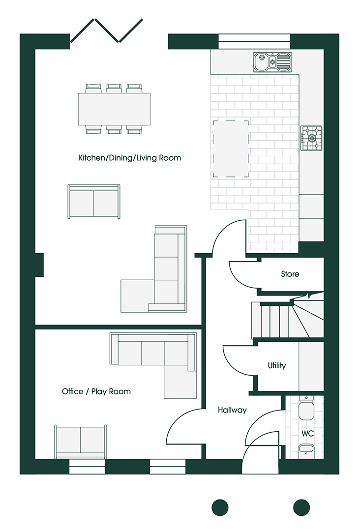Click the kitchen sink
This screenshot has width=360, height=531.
tap(272, 62)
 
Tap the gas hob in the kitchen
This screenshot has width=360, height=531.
tap(311, 138)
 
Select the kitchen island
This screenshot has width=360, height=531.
tap(231, 148)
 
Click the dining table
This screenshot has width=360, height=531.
tap(114, 109)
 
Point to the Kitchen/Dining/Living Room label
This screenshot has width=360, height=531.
tap(129, 158)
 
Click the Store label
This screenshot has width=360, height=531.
tap(290, 274)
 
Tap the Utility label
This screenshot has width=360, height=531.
tap(277, 365)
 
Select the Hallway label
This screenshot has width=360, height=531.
tap(232, 410)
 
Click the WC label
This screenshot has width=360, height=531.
tap(307, 434)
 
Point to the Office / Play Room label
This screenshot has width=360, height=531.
tap(96, 391)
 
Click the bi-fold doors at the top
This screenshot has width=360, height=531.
tap(106, 30)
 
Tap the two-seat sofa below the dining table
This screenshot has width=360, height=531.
tap(94, 202)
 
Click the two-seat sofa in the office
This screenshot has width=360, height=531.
tap(81, 442)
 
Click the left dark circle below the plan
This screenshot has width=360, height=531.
tap(220, 507)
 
